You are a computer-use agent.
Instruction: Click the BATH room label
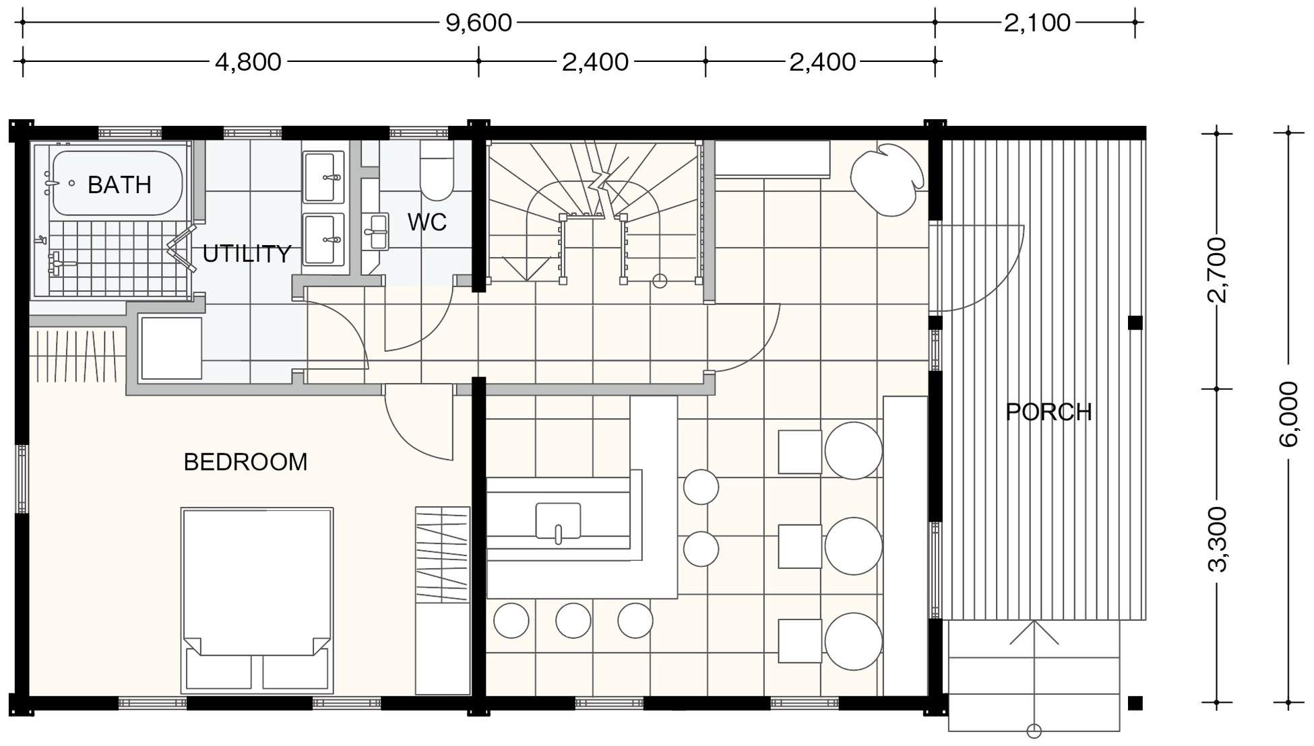point(119,184)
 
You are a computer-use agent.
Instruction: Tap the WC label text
point(427,222)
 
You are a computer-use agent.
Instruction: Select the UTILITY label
point(247,254)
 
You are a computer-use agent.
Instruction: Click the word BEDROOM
point(245,462)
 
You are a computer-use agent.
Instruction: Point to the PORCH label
point(1049,411)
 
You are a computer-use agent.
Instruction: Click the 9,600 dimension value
point(478,23)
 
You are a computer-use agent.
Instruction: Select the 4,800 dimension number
point(248,62)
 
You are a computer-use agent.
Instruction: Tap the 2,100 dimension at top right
point(1037,23)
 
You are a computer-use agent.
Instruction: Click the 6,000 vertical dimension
point(1288,413)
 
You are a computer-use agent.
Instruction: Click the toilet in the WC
point(437,170)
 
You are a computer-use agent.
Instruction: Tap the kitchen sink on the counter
point(558,521)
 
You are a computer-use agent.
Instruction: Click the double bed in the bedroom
point(257,601)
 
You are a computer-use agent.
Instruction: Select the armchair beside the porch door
point(887,178)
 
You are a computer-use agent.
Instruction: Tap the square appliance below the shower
point(171,349)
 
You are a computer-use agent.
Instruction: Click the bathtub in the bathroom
point(117,183)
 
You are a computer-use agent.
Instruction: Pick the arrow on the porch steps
point(1034,676)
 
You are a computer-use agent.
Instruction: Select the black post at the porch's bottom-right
point(1135,704)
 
